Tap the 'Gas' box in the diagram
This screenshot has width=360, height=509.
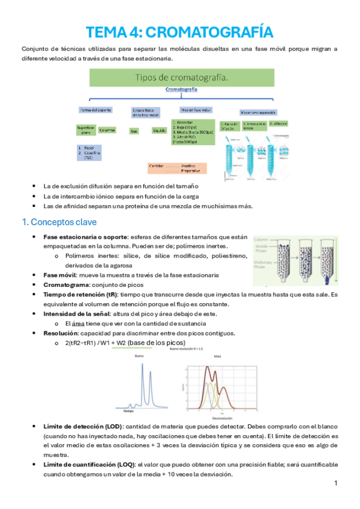[x=134, y=130]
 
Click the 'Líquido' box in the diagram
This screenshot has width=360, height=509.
[x=159, y=130]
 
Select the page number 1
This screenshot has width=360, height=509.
[x=336, y=483]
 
